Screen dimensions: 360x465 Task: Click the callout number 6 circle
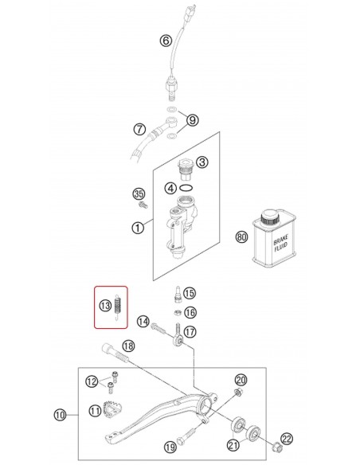[166, 40]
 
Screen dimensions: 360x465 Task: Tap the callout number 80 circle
[241, 237]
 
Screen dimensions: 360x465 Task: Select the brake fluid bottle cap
[270, 218]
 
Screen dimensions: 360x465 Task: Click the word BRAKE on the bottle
[280, 239]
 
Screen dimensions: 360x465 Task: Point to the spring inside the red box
[118, 307]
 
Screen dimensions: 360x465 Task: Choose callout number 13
[105, 306]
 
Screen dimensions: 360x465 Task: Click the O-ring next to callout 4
[186, 188]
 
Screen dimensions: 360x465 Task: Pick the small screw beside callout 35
[143, 205]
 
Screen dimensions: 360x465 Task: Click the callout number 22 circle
[287, 439]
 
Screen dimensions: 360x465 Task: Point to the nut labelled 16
[178, 312]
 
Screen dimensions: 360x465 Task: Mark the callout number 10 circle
[60, 415]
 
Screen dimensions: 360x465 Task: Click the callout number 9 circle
[193, 120]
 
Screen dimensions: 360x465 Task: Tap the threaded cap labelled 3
[186, 170]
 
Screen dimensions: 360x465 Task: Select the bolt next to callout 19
[186, 436]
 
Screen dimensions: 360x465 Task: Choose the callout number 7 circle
[139, 129]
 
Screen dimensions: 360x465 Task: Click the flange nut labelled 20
[237, 393]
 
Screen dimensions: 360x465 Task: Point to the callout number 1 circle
[138, 228]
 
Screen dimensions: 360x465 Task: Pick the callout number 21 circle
[233, 445]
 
